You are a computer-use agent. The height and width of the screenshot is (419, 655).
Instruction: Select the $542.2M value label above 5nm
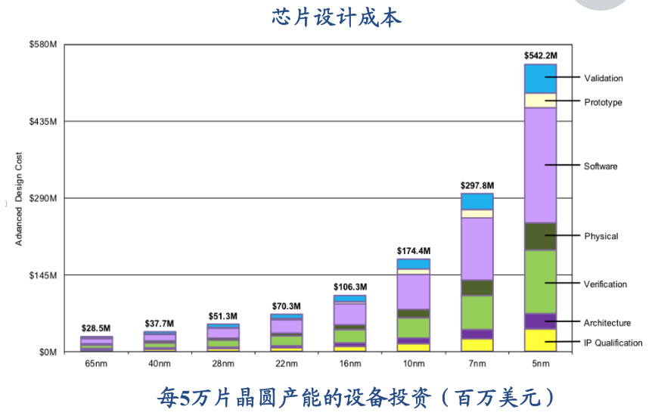(540, 55)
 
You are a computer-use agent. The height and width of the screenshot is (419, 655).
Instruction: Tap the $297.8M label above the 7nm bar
(477, 185)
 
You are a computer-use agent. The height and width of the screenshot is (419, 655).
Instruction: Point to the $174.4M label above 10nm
(413, 250)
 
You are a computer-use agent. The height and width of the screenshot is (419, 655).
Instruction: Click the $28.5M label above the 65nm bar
(97, 329)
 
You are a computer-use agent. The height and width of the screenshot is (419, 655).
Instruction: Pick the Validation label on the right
(603, 78)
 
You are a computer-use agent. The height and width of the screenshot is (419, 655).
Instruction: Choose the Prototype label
(603, 102)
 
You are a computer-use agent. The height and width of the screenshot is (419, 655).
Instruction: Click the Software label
(600, 166)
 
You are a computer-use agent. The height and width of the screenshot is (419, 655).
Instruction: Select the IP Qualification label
(613, 343)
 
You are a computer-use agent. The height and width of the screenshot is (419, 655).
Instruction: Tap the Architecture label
(607, 323)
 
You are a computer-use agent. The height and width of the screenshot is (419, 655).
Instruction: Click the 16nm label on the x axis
(349, 365)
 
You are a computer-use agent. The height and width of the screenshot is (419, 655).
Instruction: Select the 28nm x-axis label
(223, 365)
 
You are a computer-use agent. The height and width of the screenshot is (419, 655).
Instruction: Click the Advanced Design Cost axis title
(19, 199)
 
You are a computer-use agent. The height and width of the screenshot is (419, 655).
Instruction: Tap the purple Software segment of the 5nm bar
(540, 165)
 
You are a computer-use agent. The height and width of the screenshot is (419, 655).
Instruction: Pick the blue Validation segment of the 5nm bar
(540, 79)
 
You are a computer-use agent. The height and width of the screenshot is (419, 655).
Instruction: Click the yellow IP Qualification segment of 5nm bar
(540, 340)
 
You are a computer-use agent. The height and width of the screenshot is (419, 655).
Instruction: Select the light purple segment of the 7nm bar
(477, 248)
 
